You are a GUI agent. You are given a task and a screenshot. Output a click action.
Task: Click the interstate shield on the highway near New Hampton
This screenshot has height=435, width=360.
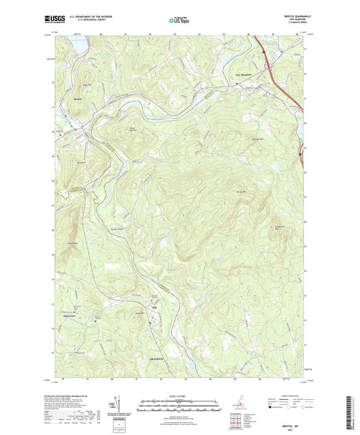[263, 51]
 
